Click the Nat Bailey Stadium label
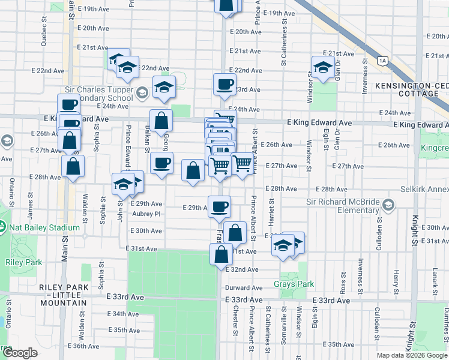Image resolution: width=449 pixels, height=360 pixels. coord(43,227)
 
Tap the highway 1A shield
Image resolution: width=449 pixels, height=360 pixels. coord(382,61)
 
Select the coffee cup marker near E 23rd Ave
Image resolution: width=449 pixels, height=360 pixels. coord(224,85)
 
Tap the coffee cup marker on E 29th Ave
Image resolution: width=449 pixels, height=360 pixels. coord(219,207)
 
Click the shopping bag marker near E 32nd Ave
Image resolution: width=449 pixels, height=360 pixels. coord(221,254)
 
